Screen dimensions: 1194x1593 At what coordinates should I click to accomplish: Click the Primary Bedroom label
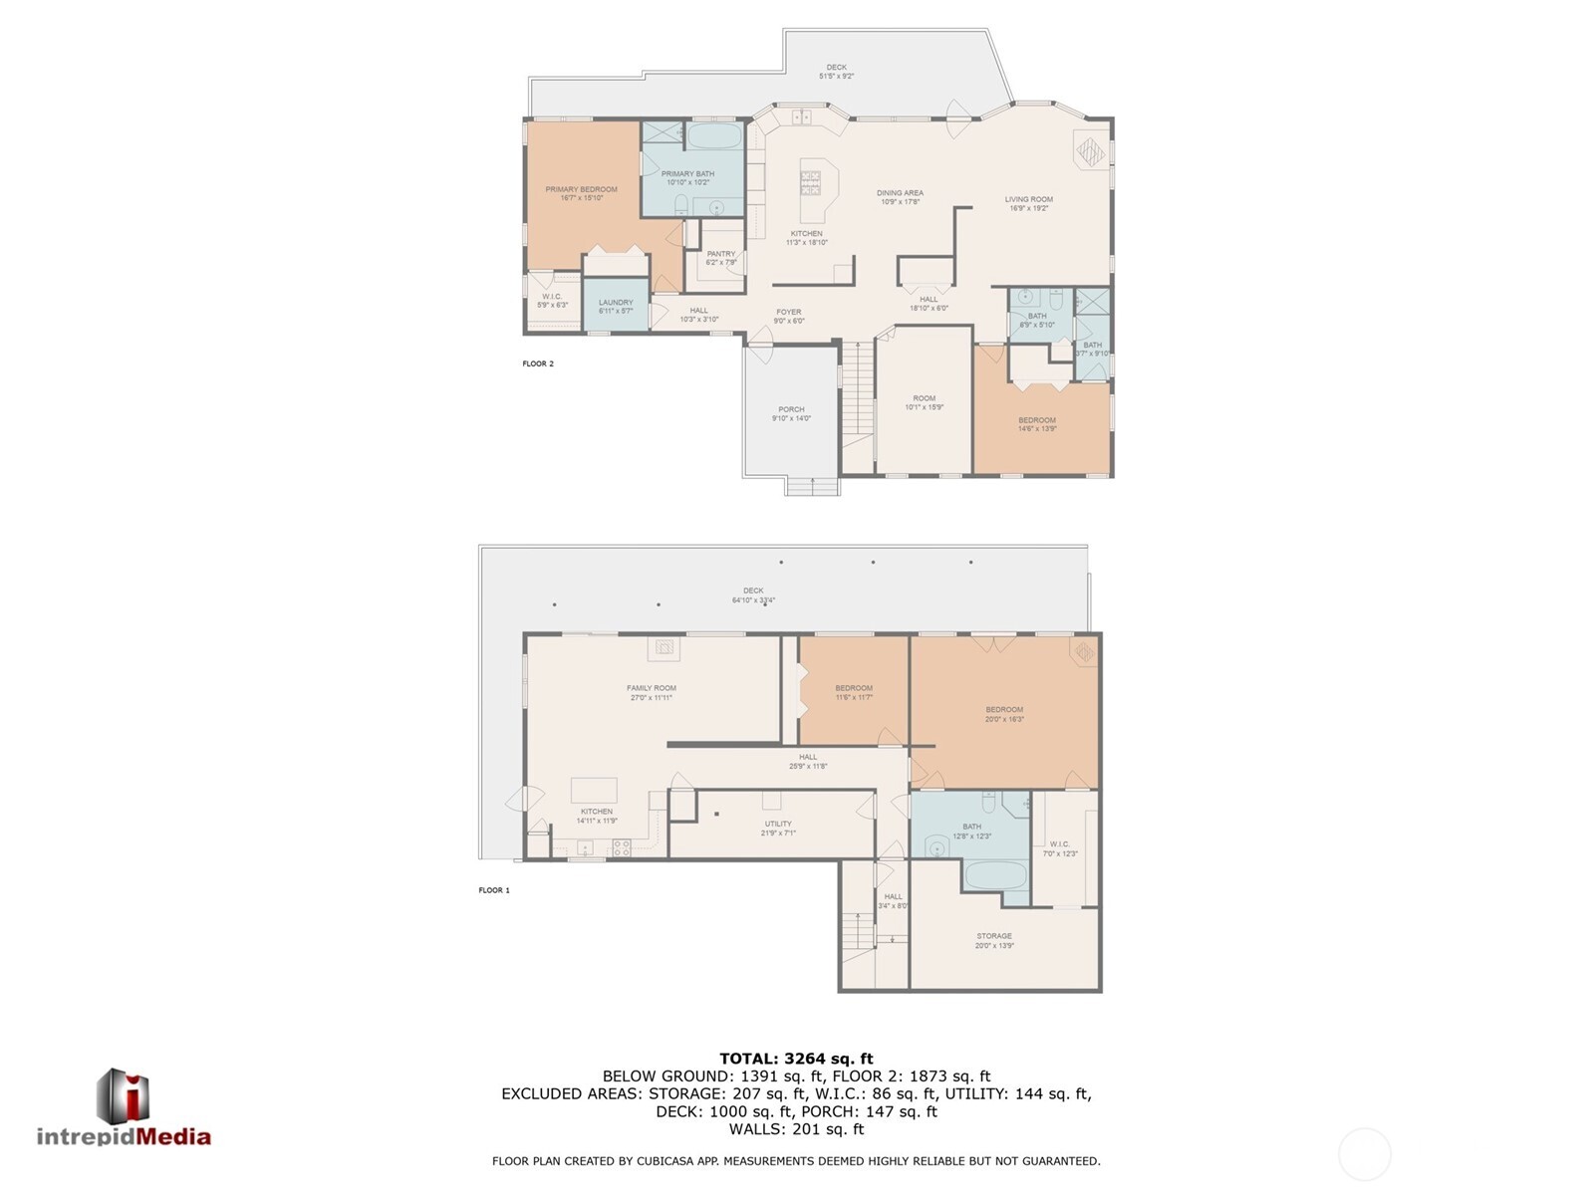pos(581,193)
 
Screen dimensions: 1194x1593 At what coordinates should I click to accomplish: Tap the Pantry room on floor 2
pos(720,257)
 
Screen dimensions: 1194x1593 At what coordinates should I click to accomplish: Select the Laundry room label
pos(616,306)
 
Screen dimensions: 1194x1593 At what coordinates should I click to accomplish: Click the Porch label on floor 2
pos(791,413)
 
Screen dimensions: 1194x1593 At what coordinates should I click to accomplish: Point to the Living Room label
pos(1028,203)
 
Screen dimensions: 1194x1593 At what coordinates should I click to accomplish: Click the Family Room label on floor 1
pos(651,692)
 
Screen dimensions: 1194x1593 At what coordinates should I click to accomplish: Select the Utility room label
pos(778,828)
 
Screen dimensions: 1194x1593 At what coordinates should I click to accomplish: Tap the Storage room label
pos(994,940)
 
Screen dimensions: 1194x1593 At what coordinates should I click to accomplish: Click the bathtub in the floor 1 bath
pos(995,876)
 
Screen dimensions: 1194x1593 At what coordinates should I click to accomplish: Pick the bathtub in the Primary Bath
pos(715,135)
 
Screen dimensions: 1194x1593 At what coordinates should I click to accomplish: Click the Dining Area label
pos(900,197)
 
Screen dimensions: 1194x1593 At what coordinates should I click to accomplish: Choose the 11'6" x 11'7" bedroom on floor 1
pos(854,692)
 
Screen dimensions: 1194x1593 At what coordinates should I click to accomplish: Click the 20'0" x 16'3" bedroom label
pos(1004,713)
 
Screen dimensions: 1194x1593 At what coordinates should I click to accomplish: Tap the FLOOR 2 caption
pos(538,363)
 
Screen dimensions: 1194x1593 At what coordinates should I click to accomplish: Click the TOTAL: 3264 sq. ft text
pos(796,1059)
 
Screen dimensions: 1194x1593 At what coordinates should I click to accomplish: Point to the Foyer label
pos(789,316)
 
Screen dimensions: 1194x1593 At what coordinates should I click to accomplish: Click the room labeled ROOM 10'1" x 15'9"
pos(924,402)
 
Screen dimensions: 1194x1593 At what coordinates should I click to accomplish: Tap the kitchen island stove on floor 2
pos(811,182)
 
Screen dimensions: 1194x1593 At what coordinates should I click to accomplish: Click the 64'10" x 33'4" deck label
pos(753,595)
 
